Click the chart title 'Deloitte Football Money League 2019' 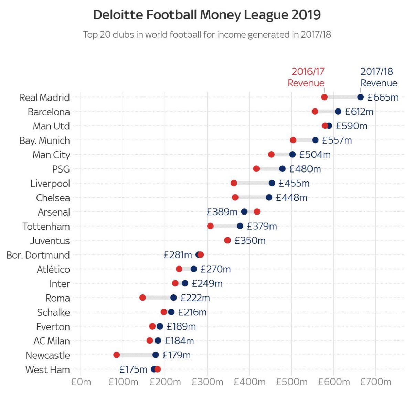click(207, 15)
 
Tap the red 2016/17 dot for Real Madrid click(324, 97)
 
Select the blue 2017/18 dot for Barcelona click(338, 112)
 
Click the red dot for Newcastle click(117, 355)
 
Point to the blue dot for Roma click(173, 298)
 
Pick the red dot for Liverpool click(234, 183)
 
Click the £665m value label click(383, 97)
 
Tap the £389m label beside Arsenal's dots click(222, 212)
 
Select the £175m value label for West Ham click(133, 369)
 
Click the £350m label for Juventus click(250, 240)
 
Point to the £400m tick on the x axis click(250, 382)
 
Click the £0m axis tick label click(81, 382)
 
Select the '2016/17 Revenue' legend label click(306, 77)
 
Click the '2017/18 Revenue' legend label click(378, 77)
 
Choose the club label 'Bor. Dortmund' click(38, 255)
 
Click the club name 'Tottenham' click(46, 227)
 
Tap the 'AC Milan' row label click(52, 341)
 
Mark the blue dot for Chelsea click(269, 197)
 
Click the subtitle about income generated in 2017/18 click(207, 34)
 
